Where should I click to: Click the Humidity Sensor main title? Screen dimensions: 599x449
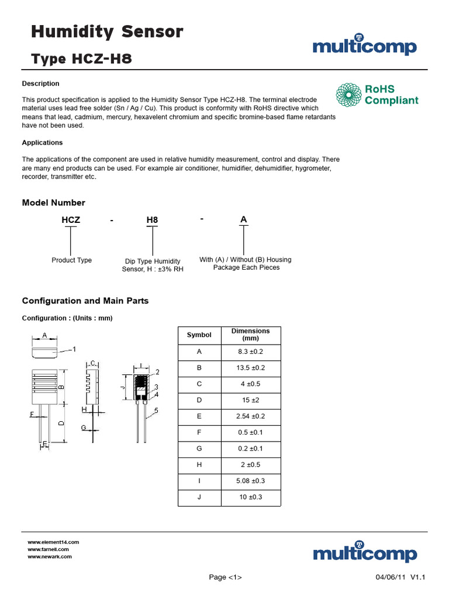[x=107, y=32]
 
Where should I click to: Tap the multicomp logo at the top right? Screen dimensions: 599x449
[x=364, y=47]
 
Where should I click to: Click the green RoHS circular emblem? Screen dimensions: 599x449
[x=348, y=95]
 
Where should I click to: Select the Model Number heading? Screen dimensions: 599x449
[x=53, y=203]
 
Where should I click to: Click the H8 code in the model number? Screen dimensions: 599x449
[x=152, y=220]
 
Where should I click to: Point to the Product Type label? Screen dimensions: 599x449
[x=71, y=260]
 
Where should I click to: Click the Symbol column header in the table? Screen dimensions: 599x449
[x=199, y=335]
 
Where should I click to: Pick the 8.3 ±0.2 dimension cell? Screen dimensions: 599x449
[x=251, y=352]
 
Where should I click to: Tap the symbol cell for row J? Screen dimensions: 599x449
[x=199, y=498]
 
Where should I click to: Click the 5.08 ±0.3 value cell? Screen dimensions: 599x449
[x=251, y=481]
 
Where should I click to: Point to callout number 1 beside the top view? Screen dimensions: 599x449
[x=74, y=349]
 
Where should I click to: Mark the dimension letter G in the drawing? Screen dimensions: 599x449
[x=84, y=428]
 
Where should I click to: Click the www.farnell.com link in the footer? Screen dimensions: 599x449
[x=49, y=549]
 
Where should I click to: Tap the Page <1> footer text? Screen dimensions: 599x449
[x=225, y=577]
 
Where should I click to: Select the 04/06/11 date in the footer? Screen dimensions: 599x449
[x=390, y=577]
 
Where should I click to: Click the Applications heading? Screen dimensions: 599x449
[x=42, y=143]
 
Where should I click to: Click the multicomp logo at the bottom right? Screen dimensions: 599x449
[x=364, y=553]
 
